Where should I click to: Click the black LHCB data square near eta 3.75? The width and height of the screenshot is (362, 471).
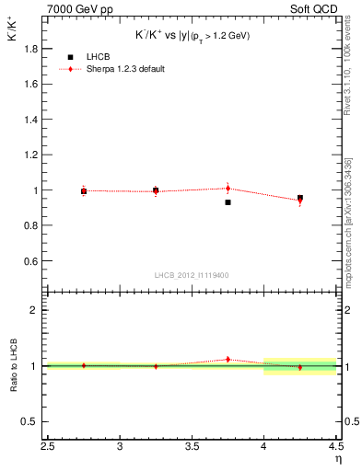point(228,202)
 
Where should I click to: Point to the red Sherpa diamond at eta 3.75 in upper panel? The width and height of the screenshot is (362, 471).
point(228,188)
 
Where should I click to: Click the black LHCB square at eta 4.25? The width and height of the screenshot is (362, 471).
point(299,198)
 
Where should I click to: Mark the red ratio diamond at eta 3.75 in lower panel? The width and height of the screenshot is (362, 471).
point(228,360)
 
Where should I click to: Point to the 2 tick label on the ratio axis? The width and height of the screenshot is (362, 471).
point(39,310)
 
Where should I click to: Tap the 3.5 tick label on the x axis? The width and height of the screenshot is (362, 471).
point(192,447)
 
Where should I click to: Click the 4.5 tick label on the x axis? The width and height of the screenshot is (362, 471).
point(335,447)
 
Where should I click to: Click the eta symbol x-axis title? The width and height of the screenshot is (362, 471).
point(337,459)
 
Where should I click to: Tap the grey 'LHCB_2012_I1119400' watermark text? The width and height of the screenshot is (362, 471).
point(191,275)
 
